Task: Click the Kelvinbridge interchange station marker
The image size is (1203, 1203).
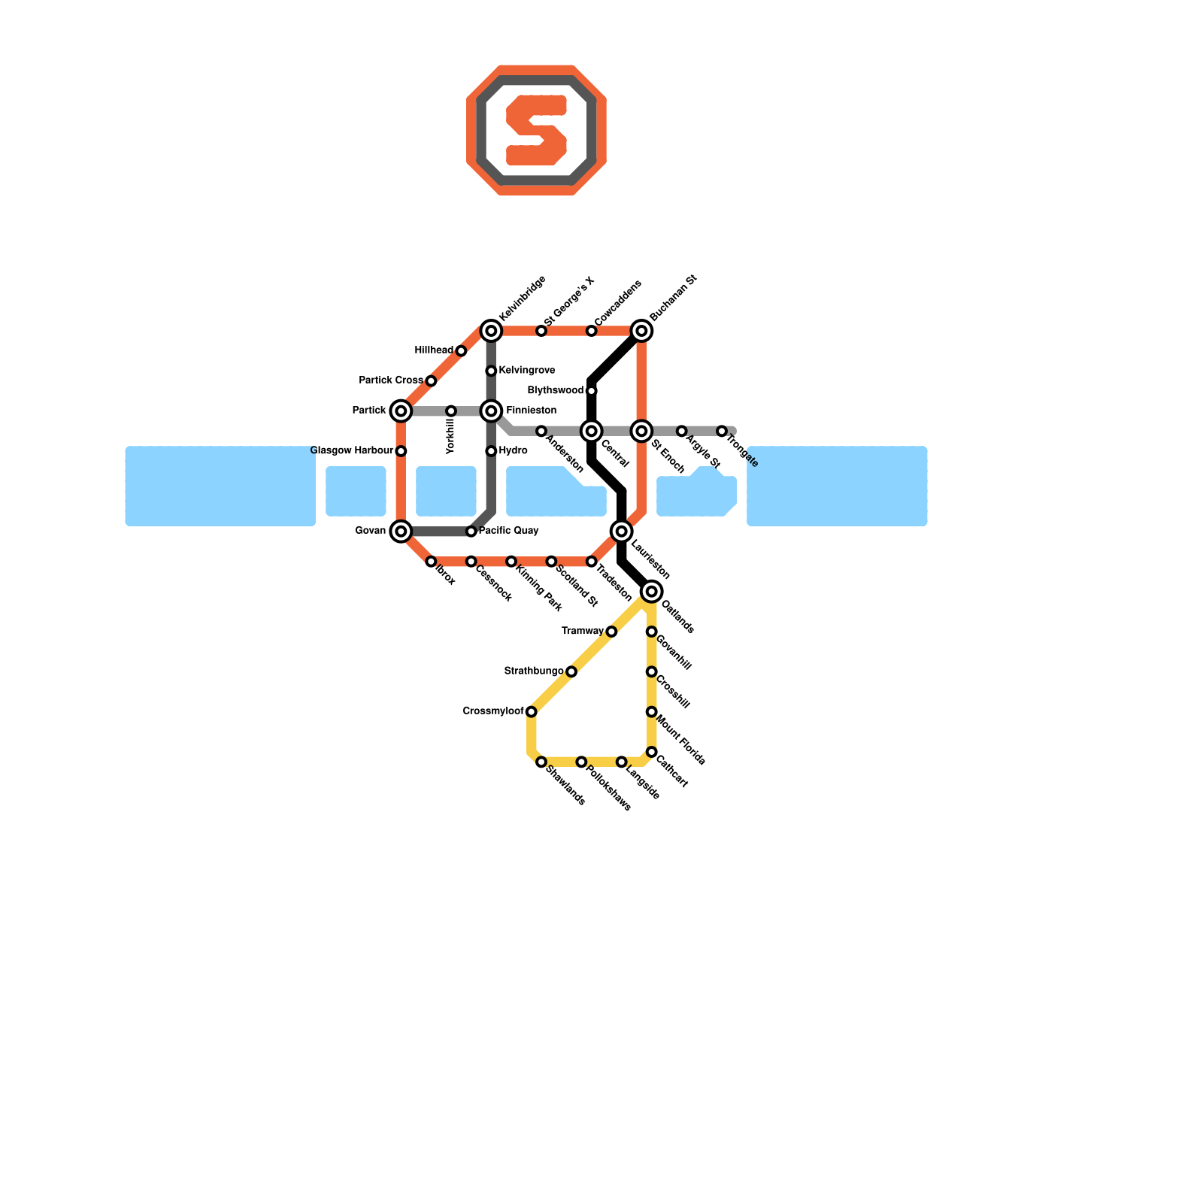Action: click(x=491, y=331)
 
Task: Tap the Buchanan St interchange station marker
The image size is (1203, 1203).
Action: click(x=641, y=331)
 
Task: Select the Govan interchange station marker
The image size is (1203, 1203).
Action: click(x=401, y=532)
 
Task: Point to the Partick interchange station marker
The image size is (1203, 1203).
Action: click(x=401, y=411)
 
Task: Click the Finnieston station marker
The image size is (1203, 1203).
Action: click(x=491, y=411)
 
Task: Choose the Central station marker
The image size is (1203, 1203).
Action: click(x=592, y=431)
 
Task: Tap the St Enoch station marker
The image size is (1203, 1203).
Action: click(x=641, y=431)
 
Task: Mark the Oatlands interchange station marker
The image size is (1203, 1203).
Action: click(x=652, y=592)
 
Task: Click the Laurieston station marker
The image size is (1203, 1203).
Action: click(x=622, y=532)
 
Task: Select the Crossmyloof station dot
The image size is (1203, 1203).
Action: click(x=532, y=712)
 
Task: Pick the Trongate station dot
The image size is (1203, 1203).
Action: click(x=722, y=431)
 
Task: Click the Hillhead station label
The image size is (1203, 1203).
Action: click(x=434, y=350)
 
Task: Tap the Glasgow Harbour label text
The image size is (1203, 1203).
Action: click(x=351, y=451)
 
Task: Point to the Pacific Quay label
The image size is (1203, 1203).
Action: click(x=509, y=531)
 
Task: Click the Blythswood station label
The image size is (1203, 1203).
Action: click(x=555, y=391)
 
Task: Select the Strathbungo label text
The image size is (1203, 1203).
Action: click(x=533, y=671)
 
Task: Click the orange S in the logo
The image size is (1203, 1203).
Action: click(x=536, y=130)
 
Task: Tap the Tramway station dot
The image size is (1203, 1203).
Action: click(x=611, y=632)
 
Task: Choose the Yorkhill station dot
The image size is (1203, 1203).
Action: click(x=451, y=411)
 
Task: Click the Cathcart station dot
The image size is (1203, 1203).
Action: click(x=652, y=752)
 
